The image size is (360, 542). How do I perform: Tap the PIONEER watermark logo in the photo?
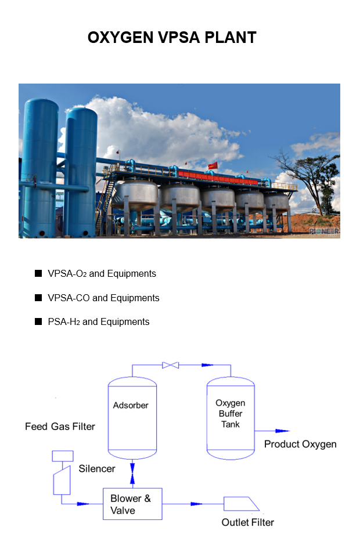324,231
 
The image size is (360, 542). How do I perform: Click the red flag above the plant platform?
213,166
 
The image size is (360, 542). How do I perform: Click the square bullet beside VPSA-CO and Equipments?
38,298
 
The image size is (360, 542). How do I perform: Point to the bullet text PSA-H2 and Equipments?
99,322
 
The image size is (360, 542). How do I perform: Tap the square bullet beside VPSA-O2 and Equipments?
38,273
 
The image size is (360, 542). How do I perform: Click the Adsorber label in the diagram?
131,405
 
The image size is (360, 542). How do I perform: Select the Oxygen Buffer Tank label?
231,413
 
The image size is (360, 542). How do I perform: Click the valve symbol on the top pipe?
171,365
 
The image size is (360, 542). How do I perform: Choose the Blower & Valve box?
132,504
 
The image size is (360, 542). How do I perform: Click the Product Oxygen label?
300,444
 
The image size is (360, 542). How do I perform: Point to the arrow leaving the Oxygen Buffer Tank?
272,431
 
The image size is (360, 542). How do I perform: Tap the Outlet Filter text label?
247,522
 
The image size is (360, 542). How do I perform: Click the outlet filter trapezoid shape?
242,504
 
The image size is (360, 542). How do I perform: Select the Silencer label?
97,469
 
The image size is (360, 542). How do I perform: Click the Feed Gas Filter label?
60,427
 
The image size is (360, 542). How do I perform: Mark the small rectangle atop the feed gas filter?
63,456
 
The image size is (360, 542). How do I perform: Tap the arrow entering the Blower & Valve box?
83,504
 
